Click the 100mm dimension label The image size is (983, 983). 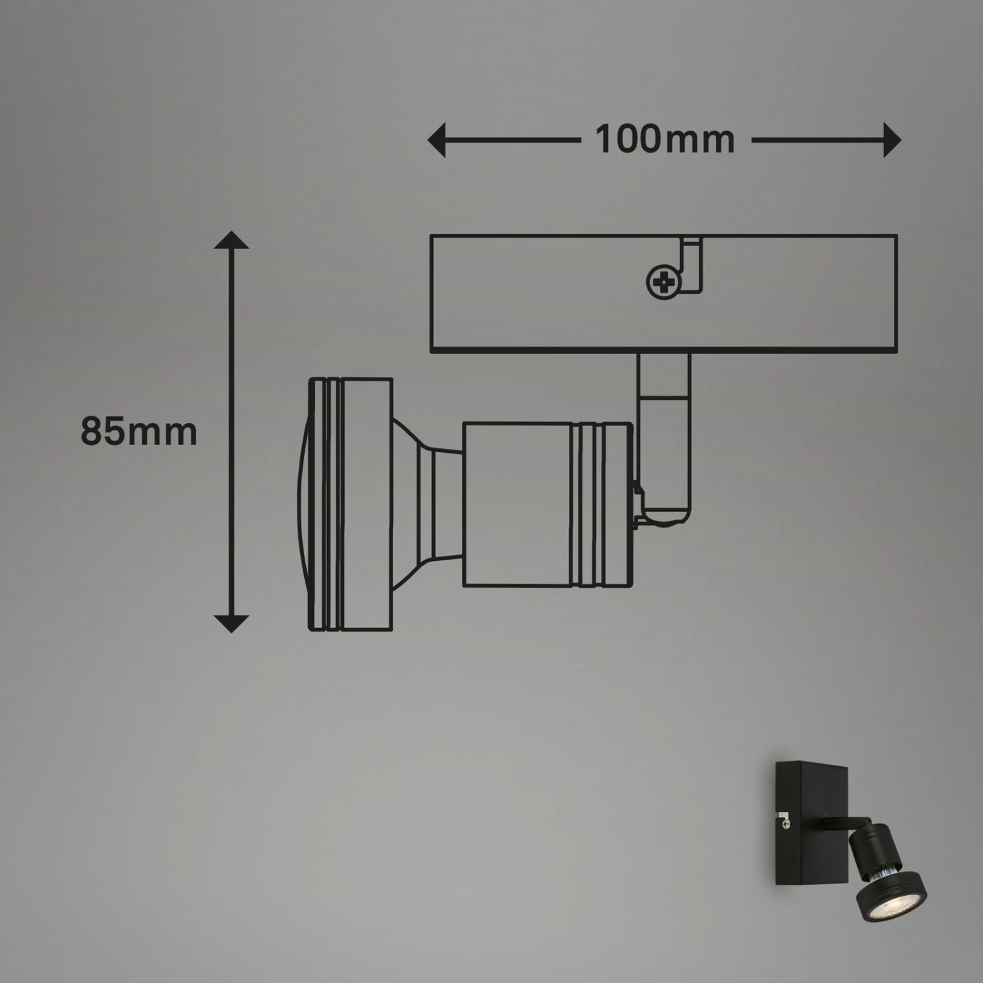tap(665, 140)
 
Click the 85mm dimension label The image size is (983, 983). tap(138, 432)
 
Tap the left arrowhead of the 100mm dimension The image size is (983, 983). tap(437, 140)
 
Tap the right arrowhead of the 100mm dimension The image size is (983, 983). tap(892, 140)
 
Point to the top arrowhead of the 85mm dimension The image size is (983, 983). tap(231, 240)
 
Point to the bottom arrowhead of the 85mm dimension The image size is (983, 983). tap(231, 624)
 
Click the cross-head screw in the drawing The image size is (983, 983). tap(663, 282)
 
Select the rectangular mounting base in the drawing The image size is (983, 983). tap(663, 294)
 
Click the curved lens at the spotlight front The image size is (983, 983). tap(303, 505)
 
